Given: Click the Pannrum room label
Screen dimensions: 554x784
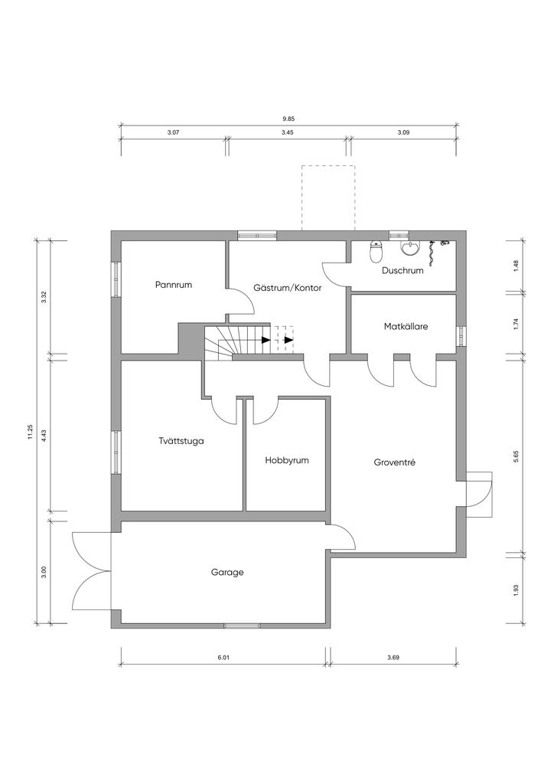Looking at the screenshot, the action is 174,285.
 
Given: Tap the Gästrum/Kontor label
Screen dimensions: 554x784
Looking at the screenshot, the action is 287,288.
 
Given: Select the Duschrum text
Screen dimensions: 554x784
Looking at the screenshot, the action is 402,270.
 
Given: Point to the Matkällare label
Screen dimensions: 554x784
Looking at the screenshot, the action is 406,326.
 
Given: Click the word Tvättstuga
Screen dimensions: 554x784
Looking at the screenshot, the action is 181,441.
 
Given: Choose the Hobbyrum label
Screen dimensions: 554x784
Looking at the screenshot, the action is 287,460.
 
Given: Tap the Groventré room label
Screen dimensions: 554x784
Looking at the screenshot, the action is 395,462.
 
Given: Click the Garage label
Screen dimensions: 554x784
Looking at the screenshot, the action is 227,572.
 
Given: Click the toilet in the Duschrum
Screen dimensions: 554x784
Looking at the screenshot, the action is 376,251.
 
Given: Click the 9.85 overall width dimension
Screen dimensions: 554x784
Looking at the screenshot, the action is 288,119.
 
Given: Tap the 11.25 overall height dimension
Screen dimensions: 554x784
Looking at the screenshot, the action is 30,433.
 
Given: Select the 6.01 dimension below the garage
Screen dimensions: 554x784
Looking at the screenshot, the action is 223,658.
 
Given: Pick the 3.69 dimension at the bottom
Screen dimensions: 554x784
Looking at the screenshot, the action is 393,658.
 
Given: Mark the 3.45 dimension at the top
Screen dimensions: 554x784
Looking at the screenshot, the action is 287,133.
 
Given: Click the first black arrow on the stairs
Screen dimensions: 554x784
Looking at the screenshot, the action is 266,340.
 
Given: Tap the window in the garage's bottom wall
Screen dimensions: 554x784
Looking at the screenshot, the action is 242,626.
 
